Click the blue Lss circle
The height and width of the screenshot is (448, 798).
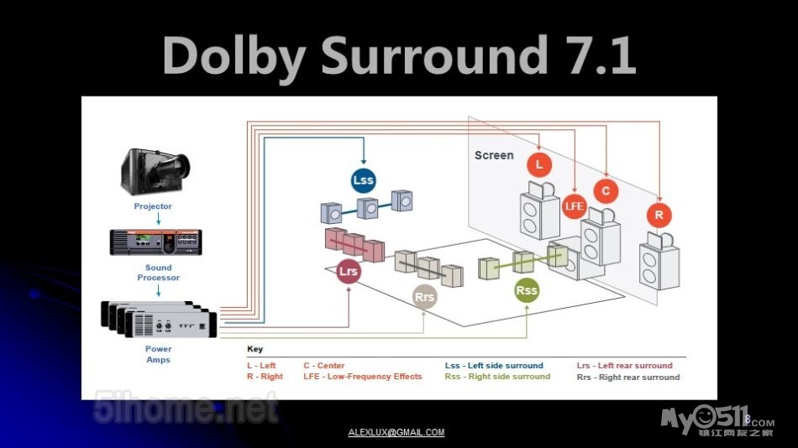(363, 180)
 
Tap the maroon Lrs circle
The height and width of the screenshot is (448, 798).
(348, 272)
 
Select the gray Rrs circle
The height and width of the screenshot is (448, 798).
(425, 296)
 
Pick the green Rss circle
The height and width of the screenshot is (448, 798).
(527, 290)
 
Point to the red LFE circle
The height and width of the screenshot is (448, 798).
(574, 206)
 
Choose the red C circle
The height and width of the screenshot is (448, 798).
(606, 191)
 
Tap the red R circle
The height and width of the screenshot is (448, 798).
(659, 215)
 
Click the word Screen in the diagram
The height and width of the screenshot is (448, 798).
(494, 155)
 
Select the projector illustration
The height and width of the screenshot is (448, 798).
(153, 171)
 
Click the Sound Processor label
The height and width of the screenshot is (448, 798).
(159, 273)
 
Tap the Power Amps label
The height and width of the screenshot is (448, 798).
(158, 354)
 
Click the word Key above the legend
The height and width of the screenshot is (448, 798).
(255, 349)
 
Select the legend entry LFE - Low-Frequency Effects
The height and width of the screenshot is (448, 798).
(363, 377)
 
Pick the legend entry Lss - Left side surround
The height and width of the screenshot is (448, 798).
(494, 366)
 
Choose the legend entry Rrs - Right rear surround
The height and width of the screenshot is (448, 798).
(628, 378)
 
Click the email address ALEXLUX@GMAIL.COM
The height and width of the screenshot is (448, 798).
(396, 433)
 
